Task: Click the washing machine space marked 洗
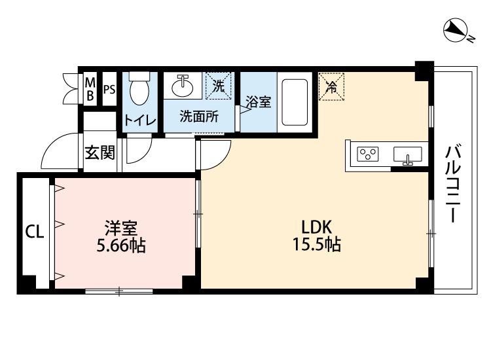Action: click(x=219, y=86)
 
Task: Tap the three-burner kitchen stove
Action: click(x=368, y=154)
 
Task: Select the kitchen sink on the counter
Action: click(x=407, y=156)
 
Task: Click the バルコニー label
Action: click(x=451, y=183)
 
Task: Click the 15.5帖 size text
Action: click(x=317, y=245)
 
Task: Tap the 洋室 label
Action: click(x=120, y=228)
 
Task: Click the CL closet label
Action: click(x=35, y=232)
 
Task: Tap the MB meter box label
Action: click(x=91, y=90)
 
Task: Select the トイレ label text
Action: click(x=139, y=120)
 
